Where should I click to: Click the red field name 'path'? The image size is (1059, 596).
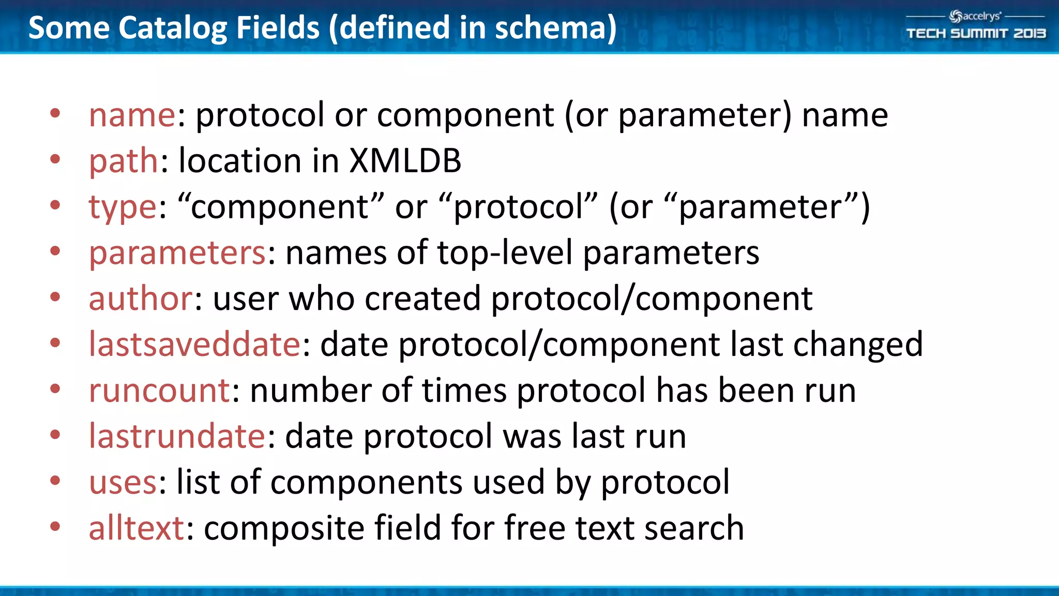pos(123,161)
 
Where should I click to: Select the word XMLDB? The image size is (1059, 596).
pos(405,160)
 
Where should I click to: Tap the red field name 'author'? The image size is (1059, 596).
pos(141,299)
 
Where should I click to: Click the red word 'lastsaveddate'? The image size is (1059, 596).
pos(194,344)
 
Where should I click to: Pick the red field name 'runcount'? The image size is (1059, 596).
pos(159,390)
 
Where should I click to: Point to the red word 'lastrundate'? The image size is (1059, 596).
pos(177,436)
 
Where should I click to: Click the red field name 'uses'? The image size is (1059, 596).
pos(123,482)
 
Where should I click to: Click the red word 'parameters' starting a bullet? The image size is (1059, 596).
pos(177,253)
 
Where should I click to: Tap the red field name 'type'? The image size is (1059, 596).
pos(122,207)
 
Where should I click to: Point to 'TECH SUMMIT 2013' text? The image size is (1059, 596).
pos(976,34)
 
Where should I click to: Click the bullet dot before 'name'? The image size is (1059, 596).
pos(55,113)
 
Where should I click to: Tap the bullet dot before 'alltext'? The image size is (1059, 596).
pos(55,527)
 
